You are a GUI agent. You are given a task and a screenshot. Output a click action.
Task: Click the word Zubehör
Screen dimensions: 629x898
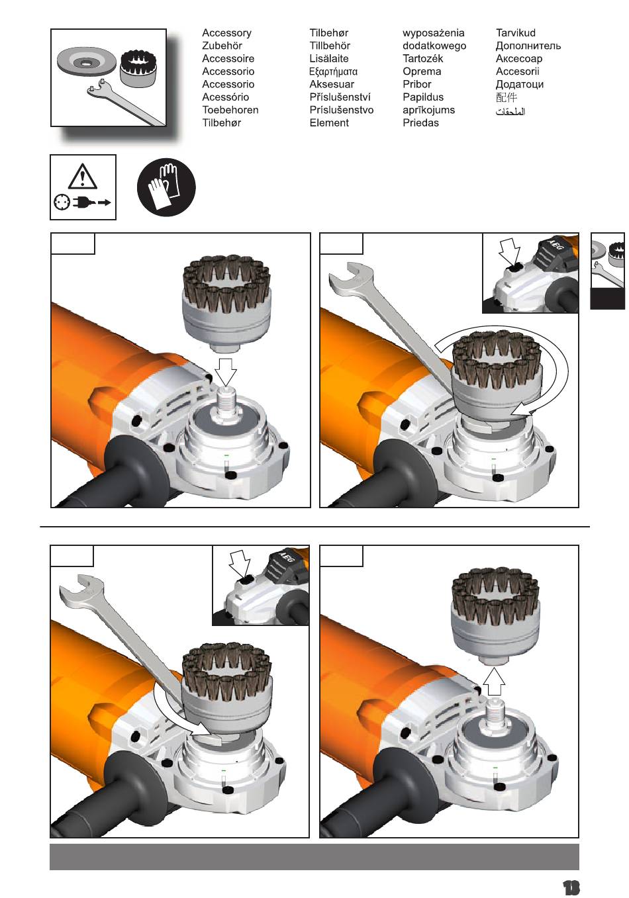pos(222,46)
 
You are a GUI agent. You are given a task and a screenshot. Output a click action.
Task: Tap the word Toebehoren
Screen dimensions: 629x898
pos(230,110)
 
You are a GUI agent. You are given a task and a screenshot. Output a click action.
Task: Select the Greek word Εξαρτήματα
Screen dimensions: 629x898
pos(333,71)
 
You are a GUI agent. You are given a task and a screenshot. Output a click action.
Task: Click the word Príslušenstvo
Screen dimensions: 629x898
pos(342,110)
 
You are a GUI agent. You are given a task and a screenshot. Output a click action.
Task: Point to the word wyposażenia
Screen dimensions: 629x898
pos(433,33)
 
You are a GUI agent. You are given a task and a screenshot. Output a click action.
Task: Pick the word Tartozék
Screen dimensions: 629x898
pos(423,58)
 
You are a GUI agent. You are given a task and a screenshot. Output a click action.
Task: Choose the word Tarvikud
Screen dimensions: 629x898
pos(516,33)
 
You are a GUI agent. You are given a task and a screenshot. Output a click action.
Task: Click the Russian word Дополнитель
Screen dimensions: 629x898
pos(528,46)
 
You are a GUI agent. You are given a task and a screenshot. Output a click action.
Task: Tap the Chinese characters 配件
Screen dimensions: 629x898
pos(507,97)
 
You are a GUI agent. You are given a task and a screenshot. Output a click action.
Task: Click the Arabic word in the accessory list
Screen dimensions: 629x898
pos(510,111)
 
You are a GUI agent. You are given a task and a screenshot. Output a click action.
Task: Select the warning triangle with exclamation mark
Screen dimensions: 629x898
pos(82,177)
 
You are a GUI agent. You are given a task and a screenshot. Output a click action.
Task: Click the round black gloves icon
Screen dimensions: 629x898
pos(166,187)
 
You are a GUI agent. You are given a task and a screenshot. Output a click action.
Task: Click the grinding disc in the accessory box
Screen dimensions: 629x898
pos(86,62)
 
